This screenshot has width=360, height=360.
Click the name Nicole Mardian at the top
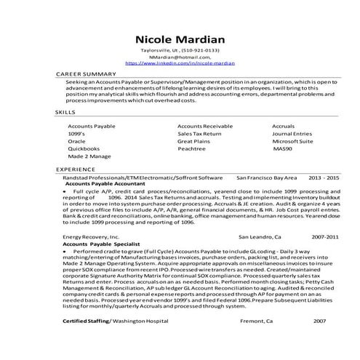pyautogui.click(x=180, y=38)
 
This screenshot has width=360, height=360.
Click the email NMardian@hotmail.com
pyautogui.click(x=180, y=57)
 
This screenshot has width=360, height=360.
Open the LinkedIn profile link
pyautogui.click(x=180, y=63)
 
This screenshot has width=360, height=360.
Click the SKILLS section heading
pyautogui.click(x=65, y=112)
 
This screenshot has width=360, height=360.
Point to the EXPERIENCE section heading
pyautogui.click(x=75, y=169)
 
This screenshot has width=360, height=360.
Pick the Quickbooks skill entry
pyautogui.click(x=84, y=148)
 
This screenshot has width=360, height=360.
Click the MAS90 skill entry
pyautogui.click(x=281, y=148)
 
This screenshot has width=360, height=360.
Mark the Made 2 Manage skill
pyautogui.click(x=90, y=155)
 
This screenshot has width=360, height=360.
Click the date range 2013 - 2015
pyautogui.click(x=324, y=177)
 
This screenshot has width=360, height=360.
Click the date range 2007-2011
pyautogui.click(x=325, y=237)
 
